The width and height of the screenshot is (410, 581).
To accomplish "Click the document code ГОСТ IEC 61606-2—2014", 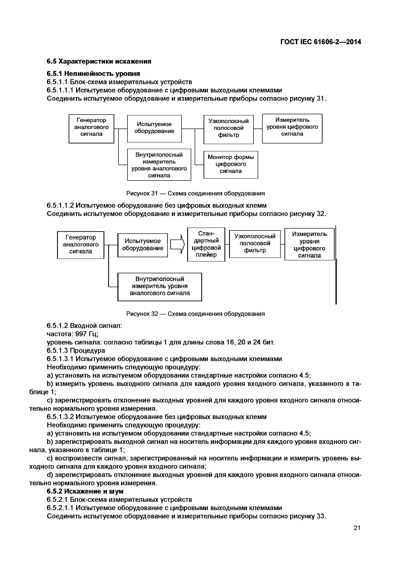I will pyautogui.click(x=321, y=42).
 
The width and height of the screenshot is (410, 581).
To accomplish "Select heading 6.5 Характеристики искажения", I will pyautogui.click(x=99, y=61).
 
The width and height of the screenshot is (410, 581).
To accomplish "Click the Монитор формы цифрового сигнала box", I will pyautogui.click(x=231, y=164).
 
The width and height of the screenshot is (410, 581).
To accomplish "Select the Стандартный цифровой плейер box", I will pyautogui.click(x=206, y=244).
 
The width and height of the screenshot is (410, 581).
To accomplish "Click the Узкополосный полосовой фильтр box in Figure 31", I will pyautogui.click(x=228, y=129).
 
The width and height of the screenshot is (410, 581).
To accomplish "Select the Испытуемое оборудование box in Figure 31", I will pyautogui.click(x=154, y=129).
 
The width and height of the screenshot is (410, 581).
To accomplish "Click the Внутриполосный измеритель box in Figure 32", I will pyautogui.click(x=160, y=287).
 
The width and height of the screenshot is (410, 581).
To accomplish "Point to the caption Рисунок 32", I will pyautogui.click(x=195, y=314).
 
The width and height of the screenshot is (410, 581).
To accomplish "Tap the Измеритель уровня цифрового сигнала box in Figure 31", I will pyautogui.click(x=292, y=128).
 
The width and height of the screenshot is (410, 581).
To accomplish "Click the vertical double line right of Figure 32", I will pyautogui.click(x=336, y=265).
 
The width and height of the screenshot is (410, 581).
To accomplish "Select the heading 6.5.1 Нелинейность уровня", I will pyautogui.click(x=93, y=74).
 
